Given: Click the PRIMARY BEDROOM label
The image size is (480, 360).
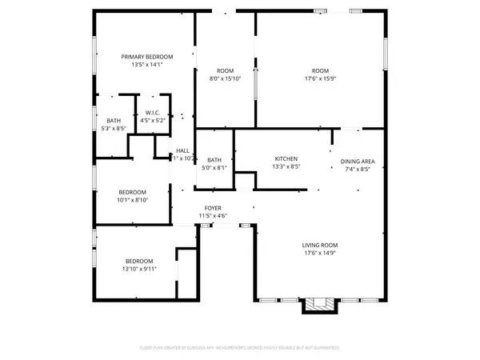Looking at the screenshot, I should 146,57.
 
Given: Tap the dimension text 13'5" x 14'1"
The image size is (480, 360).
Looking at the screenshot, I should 146,66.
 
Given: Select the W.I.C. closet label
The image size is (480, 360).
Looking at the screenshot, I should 150,113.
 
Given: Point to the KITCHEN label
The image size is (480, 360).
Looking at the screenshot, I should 286,158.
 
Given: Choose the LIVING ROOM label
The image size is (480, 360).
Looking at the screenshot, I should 319,245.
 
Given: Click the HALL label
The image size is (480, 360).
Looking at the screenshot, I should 183,150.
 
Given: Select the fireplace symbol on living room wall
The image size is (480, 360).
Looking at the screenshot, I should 318,305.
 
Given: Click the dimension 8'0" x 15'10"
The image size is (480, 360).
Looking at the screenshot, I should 225,78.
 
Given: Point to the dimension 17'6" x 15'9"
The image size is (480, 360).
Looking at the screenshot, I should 320,78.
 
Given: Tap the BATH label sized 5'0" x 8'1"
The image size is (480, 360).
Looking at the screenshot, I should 215,160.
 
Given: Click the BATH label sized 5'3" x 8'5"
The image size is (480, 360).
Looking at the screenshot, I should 114,120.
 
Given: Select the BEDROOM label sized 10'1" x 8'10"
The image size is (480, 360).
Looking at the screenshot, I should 133,192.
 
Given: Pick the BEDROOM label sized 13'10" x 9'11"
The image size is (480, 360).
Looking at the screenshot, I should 139,261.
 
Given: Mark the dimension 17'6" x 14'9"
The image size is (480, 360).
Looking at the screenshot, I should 319,253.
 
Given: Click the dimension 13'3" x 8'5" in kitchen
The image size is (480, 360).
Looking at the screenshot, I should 286,167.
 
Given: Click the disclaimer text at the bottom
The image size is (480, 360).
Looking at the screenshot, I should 240,348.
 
